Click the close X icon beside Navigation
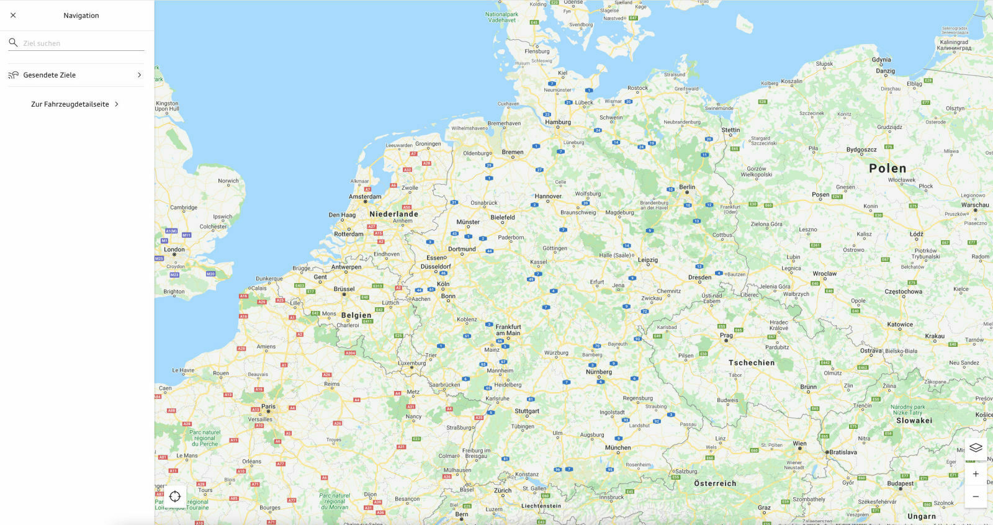pyautogui.click(x=13, y=16)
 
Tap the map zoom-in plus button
pyautogui.click(x=976, y=474)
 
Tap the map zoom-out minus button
pyautogui.click(x=976, y=496)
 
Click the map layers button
pyautogui.click(x=976, y=447)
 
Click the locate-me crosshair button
pyautogui.click(x=175, y=496)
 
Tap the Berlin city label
pyautogui.click(x=687, y=187)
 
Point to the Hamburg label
pyautogui.click(x=557, y=122)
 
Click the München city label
pyautogui.click(x=618, y=447)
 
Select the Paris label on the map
pyautogui.click(x=268, y=406)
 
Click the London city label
pyautogui.click(x=174, y=249)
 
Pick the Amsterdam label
pyautogui.click(x=365, y=197)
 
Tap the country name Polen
pyautogui.click(x=887, y=168)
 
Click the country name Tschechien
pyautogui.click(x=752, y=362)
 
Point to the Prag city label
pyautogui.click(x=726, y=335)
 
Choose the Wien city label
pyautogui.click(x=799, y=444)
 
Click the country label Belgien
pyautogui.click(x=356, y=315)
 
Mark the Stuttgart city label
pyautogui.click(x=527, y=411)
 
